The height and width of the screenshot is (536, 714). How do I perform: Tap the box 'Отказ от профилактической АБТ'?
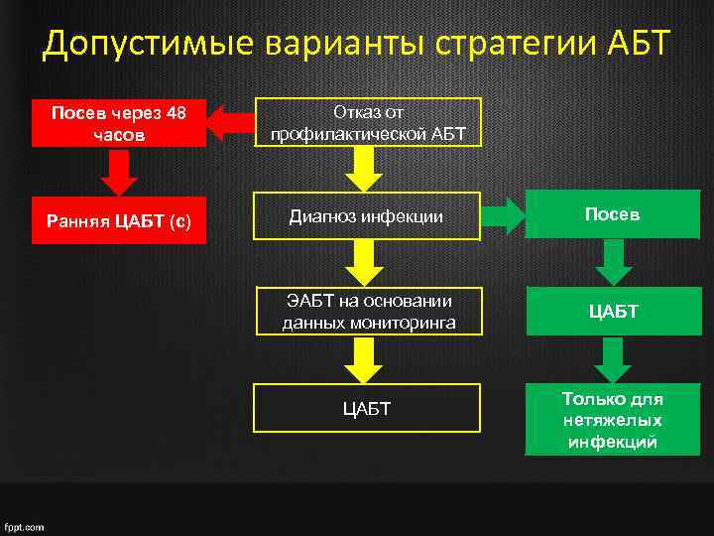click(x=368, y=123)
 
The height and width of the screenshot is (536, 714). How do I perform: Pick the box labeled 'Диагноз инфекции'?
click(x=368, y=215)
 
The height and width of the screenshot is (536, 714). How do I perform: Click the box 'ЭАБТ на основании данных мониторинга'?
click(x=368, y=312)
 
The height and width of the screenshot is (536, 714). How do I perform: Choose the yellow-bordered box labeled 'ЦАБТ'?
click(x=368, y=408)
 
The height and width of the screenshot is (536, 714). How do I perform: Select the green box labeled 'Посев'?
click(x=613, y=215)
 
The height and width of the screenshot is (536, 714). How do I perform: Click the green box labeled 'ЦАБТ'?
click(x=613, y=312)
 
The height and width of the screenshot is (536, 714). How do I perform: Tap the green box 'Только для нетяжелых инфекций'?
click(x=613, y=420)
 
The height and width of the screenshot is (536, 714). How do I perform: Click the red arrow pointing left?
click(x=232, y=123)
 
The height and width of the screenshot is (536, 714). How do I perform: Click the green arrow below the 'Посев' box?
click(x=613, y=263)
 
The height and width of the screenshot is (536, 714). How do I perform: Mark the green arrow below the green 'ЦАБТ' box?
click(x=613, y=359)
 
